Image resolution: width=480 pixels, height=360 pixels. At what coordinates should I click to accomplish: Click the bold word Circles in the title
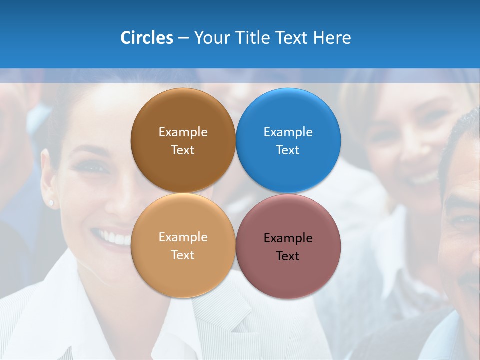click(146, 38)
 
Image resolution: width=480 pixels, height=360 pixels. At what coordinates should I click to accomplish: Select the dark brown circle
click(183, 115)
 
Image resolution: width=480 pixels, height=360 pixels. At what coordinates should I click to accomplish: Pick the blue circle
click(288, 115)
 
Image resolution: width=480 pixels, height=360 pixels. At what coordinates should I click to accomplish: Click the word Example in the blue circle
click(288, 132)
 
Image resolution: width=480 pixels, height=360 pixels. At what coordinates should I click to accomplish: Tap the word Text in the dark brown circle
click(183, 150)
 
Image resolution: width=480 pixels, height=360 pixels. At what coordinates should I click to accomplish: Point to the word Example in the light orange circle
click(183, 237)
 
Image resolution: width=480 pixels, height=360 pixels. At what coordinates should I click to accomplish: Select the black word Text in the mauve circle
click(288, 256)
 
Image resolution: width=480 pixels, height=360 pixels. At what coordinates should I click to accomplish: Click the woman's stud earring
click(51, 203)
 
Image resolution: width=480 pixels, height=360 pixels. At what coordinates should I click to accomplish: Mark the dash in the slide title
click(183, 38)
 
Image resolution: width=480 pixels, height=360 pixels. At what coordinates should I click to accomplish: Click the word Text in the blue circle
click(288, 150)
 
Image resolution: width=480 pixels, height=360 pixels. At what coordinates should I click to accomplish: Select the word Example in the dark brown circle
click(183, 132)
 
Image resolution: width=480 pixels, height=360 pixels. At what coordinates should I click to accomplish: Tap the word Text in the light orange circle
click(183, 255)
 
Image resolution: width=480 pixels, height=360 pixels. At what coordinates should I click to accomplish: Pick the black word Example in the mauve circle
click(288, 238)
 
